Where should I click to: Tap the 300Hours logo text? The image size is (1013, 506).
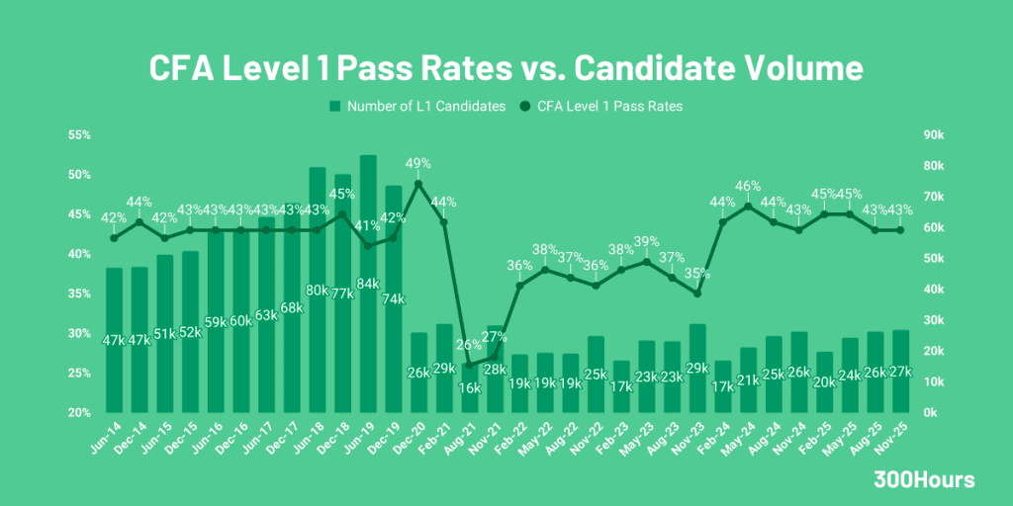pos(924,480)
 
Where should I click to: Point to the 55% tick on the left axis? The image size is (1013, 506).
pos(79,135)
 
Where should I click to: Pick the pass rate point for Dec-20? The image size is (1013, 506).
pos(418,184)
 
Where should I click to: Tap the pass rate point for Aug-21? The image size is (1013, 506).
pos(469,365)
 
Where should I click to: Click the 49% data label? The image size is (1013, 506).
pos(418,163)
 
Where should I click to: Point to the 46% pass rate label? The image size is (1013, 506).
pos(748,186)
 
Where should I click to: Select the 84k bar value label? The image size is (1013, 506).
pos(367,285)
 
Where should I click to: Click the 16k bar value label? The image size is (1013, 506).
pos(469,388)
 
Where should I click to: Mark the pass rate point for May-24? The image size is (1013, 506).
pos(748,206)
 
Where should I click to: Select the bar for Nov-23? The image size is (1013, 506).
pos(697,368)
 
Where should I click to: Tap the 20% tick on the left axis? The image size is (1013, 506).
pos(79,412)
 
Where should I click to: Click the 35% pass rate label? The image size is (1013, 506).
pos(697,273)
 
